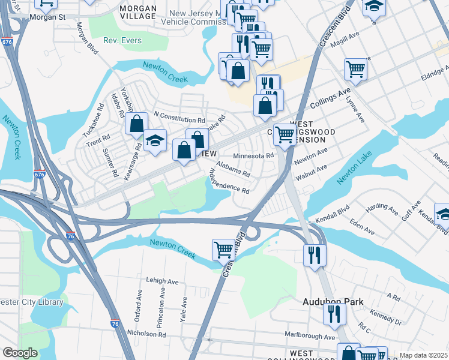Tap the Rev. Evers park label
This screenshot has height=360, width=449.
pos(122,40)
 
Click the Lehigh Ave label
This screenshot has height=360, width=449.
pos(162,281)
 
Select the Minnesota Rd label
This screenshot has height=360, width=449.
pos(253,155)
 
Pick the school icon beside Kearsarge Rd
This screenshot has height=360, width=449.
pos(155,140)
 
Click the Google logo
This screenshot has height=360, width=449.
pos(20,353)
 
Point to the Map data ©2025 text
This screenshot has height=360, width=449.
pos(422,355)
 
